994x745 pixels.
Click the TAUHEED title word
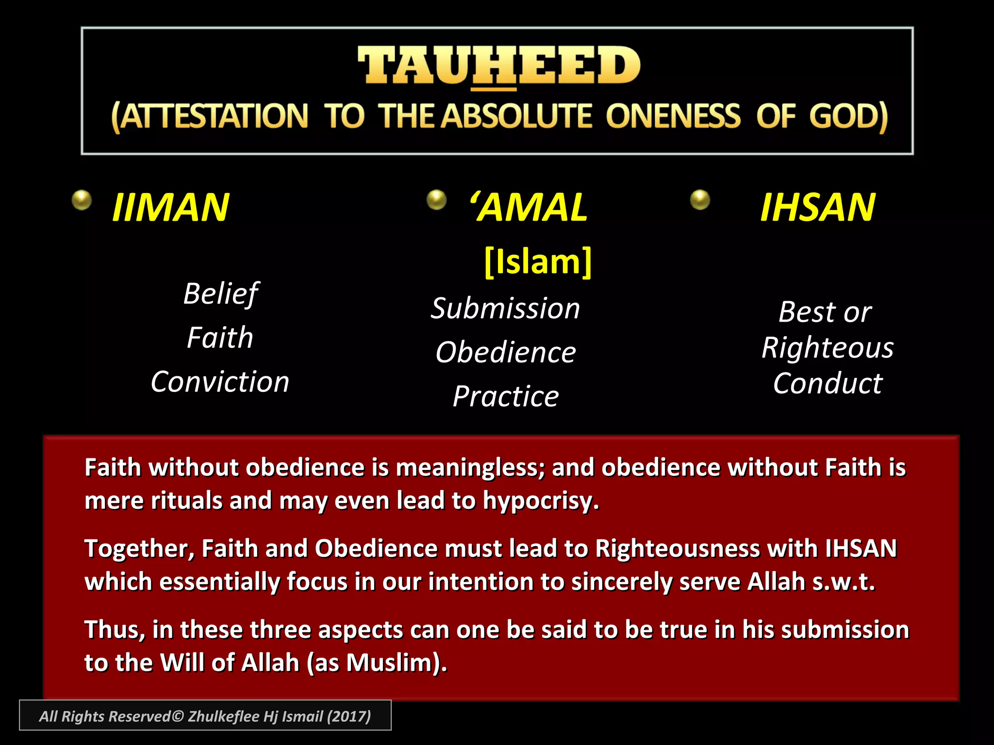click(499, 65)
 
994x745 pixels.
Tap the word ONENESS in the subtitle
click(673, 116)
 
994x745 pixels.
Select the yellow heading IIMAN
click(170, 208)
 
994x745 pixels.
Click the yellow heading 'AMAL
click(529, 208)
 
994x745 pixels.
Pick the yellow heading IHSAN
click(817, 208)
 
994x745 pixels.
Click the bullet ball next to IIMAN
click(82, 200)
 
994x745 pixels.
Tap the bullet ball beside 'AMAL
click(436, 199)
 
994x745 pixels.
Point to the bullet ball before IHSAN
click(700, 199)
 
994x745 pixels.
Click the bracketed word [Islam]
click(538, 262)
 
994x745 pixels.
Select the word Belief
click(221, 294)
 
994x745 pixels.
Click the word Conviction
click(220, 382)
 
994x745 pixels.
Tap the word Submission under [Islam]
click(505, 308)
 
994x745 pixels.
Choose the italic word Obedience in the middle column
click(505, 352)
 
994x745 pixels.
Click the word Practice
click(505, 397)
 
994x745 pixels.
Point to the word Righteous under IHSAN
click(827, 348)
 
